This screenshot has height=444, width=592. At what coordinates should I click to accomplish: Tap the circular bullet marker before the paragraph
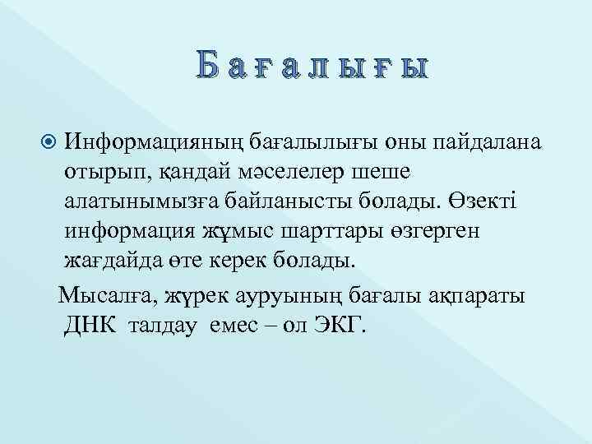coord(49,142)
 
